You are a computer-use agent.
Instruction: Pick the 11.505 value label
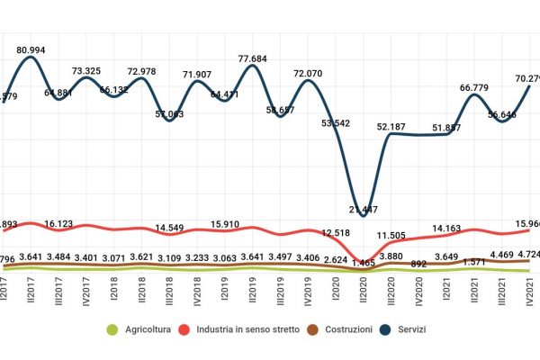pyautogui.click(x=391, y=236)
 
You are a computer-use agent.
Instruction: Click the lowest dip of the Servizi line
pyautogui.click(x=363, y=214)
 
